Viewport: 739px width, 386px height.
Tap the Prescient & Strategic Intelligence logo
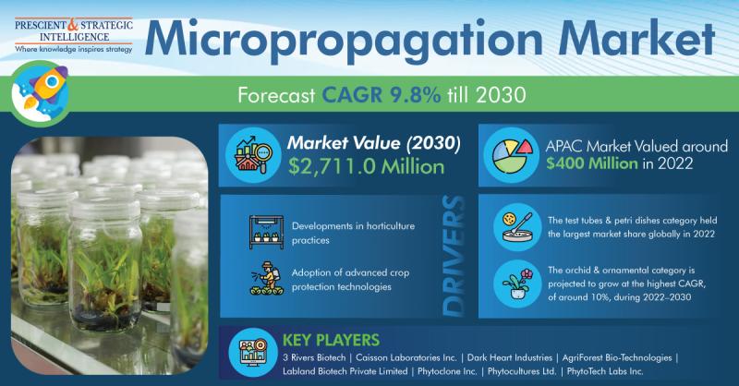(74, 36)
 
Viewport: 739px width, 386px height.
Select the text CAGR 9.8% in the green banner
(382, 95)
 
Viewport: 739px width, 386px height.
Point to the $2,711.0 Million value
(366, 167)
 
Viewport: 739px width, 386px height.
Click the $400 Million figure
(592, 163)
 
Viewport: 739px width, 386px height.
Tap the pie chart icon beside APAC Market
(512, 155)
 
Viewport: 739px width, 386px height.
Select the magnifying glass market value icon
(254, 154)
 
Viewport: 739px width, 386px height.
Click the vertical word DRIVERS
(454, 256)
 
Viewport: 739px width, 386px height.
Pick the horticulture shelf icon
(266, 232)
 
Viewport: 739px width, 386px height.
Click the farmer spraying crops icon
(267, 278)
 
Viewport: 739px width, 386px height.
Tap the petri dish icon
(517, 226)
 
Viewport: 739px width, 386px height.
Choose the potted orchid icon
(517, 283)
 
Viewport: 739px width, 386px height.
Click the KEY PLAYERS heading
(331, 340)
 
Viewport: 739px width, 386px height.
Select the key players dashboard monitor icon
(253, 352)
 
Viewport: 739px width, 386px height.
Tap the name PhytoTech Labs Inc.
(605, 371)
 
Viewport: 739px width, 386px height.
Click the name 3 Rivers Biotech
(314, 357)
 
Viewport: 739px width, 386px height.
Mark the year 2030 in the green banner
(501, 95)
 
